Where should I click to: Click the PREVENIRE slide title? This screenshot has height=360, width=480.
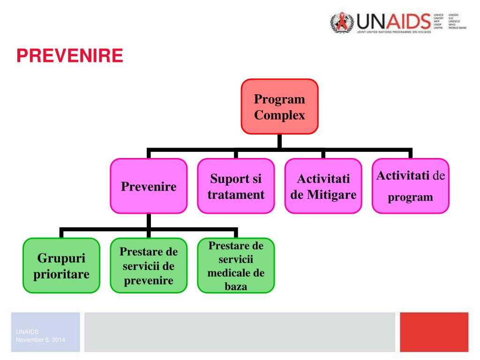70,56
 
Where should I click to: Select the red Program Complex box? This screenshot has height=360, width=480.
279,106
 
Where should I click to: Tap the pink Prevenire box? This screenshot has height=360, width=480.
149,186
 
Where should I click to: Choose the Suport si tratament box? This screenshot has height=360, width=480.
236,186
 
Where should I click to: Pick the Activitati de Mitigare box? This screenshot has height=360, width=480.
323,186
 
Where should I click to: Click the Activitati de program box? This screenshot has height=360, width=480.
411,186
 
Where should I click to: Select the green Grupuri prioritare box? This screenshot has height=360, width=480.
61,266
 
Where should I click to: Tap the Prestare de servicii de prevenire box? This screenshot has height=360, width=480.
149,266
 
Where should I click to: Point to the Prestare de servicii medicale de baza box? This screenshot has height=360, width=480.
236,266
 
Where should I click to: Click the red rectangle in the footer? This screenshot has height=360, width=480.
434,332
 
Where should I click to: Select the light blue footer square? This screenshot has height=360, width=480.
45,332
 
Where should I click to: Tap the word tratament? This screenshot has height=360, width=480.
236,195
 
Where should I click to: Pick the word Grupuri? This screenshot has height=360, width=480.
61,258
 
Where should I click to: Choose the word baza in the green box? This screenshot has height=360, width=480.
236,286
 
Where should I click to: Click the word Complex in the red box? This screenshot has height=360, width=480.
279,115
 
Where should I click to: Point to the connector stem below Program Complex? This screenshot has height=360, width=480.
279,142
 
